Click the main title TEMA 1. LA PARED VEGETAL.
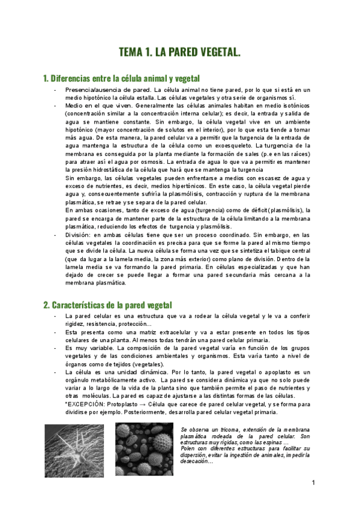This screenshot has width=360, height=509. click(180, 52)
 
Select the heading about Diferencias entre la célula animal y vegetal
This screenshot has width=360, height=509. click(121, 79)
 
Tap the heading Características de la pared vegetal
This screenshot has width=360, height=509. click(107, 305)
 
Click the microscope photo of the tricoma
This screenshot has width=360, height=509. click(74, 451)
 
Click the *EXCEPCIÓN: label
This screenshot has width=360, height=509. click(83, 405)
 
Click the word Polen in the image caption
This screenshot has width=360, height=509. click(188, 448)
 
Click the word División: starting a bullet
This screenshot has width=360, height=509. click(78, 235)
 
